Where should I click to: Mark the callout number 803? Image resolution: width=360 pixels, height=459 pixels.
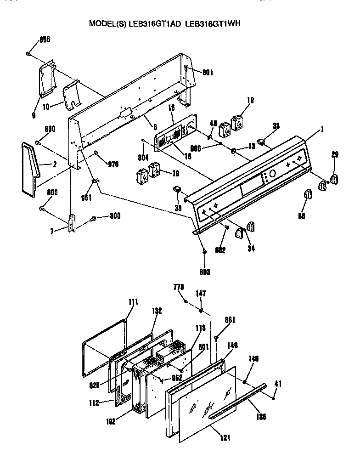(x=205, y=272)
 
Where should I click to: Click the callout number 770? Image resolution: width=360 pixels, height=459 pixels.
(x=179, y=287)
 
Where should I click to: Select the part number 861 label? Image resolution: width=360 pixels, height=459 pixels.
(x=230, y=320)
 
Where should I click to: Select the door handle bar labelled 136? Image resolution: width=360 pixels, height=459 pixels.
(x=239, y=400)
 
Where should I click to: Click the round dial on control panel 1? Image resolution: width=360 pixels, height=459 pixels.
(x=271, y=174)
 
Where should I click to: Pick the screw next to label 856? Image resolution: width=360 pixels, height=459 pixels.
(x=29, y=54)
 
